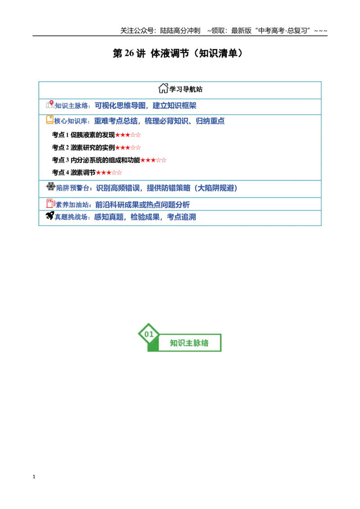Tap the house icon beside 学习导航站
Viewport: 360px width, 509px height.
point(163,88)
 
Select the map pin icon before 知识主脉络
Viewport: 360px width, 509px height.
point(50,104)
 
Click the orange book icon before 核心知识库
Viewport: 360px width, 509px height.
point(49,120)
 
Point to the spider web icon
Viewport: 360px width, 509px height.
point(51,186)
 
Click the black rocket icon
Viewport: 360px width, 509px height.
point(49,215)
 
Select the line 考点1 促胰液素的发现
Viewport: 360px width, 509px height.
point(83,135)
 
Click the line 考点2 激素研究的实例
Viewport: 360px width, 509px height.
point(83,147)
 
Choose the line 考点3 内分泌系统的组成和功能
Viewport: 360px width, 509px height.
point(96,160)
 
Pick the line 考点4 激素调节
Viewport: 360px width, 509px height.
point(73,172)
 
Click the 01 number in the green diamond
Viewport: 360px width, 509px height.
point(149,334)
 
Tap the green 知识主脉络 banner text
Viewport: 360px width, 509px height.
point(189,343)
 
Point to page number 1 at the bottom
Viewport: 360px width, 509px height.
point(34,477)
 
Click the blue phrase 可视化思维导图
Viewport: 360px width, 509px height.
point(120,106)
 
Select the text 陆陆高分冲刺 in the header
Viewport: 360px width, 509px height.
point(180,31)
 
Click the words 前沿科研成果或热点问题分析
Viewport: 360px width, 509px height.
point(142,205)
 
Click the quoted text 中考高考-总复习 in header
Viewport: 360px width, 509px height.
point(282,31)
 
